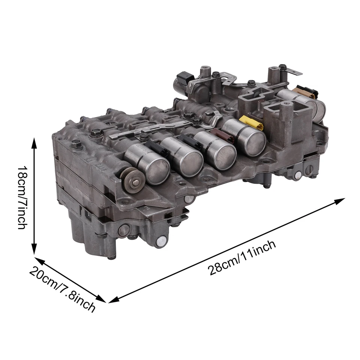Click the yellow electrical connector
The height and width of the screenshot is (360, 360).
pyautogui.click(x=252, y=123)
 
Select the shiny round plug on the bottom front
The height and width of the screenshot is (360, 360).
pyautogui.click(x=161, y=242)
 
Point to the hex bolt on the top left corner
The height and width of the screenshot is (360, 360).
pyautogui.click(x=76, y=143)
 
